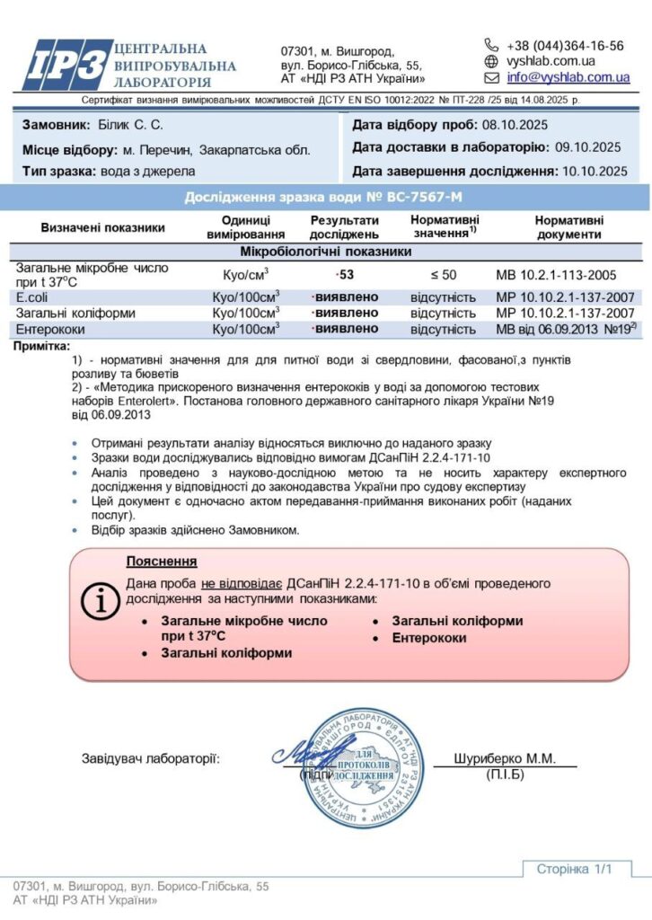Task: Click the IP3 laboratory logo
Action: [66, 66]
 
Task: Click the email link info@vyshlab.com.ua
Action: [568, 78]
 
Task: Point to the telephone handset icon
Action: [491, 45]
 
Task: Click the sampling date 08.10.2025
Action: [515, 125]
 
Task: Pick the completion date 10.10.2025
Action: [594, 170]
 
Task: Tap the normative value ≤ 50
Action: [444, 273]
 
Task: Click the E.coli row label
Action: [33, 296]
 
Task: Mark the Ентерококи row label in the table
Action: [48, 329]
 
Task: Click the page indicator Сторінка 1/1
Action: [573, 869]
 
